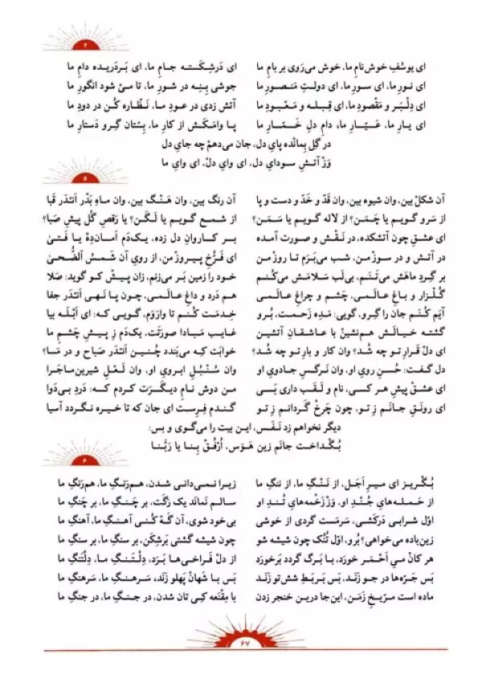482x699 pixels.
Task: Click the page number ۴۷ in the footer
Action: (x=240, y=644)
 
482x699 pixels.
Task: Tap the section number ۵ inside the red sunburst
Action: (x=84, y=174)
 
